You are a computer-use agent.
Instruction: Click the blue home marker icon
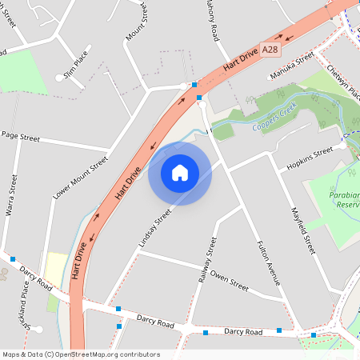pyautogui.click(x=180, y=173)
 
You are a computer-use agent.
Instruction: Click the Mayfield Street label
pyautogui.click(x=308, y=227)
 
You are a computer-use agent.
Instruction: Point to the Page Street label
pyautogui.click(x=21, y=138)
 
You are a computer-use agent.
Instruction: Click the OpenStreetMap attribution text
pyautogui.click(x=80, y=354)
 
